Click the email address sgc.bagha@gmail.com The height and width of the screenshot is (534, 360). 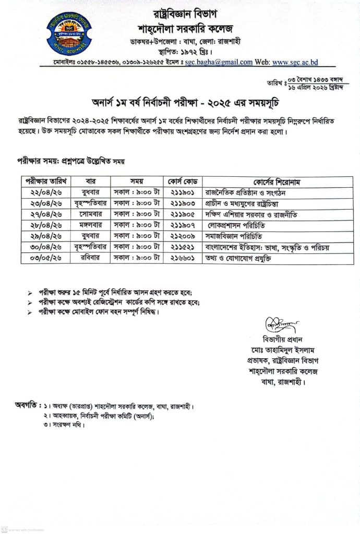point(219,62)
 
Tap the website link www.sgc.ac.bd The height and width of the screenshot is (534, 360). point(294,62)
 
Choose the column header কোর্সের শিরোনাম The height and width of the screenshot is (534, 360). point(277,181)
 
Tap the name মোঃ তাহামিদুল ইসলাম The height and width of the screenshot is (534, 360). point(284,349)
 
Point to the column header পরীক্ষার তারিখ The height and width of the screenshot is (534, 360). point(46,181)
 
